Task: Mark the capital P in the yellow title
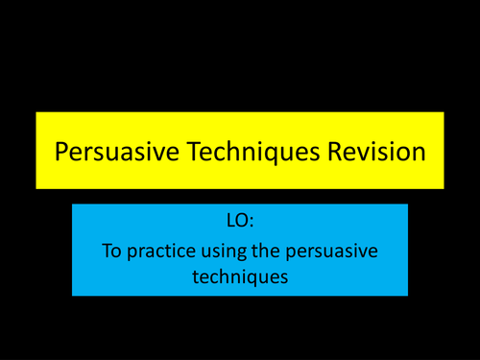(x=62, y=151)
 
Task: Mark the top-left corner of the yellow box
(x=36, y=113)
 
